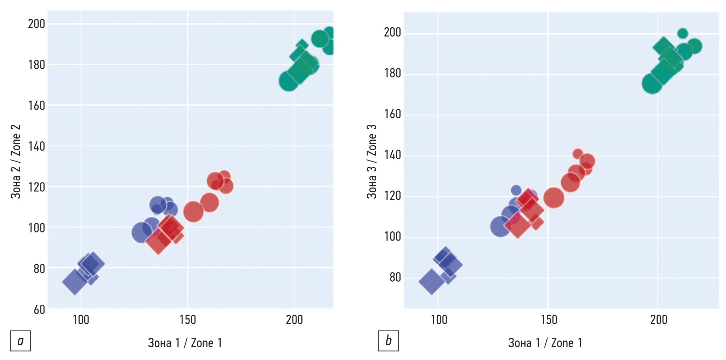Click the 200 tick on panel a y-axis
[36, 24]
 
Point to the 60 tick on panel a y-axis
[39, 310]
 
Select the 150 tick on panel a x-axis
[188, 320]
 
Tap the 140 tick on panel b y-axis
[392, 155]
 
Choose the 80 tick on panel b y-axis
[395, 277]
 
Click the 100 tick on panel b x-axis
[438, 320]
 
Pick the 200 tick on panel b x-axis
[658, 320]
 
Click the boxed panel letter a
[20, 341]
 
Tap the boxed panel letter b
[388, 341]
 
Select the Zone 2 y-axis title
[16, 162]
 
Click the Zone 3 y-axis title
[371, 162]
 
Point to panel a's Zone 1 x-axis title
[185, 343]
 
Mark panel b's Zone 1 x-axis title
[545, 343]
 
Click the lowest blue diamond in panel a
[75, 282]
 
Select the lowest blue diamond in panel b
[431, 282]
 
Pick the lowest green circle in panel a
[288, 81]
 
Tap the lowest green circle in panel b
[652, 84]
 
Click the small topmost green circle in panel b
[682, 34]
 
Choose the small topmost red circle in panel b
[578, 154]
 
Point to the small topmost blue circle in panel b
[516, 190]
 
